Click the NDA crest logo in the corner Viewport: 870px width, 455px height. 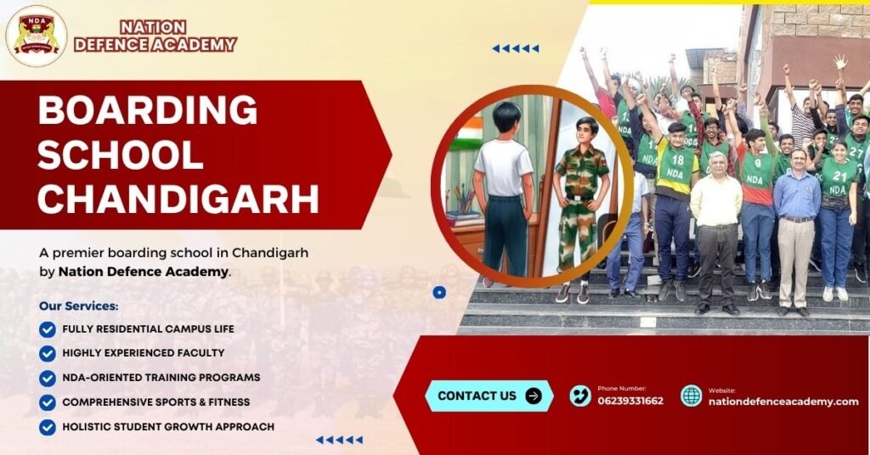point(36,36)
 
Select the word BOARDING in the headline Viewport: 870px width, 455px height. point(148,111)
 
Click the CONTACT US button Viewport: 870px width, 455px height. point(489,396)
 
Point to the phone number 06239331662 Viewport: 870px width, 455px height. point(630,401)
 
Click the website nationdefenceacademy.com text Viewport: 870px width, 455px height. point(782,402)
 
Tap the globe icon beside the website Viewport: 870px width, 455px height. point(692,396)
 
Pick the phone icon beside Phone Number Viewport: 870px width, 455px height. point(580,396)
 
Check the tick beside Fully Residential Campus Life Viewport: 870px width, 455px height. point(48,329)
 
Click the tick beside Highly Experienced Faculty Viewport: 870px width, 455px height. point(48,353)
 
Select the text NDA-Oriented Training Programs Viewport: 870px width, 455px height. point(161,378)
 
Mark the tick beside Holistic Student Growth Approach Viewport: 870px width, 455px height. point(48,427)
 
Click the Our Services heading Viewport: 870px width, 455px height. point(79,306)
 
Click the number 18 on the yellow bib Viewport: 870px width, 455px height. point(676,158)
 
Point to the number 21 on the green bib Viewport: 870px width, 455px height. point(839,177)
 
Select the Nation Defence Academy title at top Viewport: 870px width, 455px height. point(155,37)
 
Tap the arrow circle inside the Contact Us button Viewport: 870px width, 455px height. point(534,396)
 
